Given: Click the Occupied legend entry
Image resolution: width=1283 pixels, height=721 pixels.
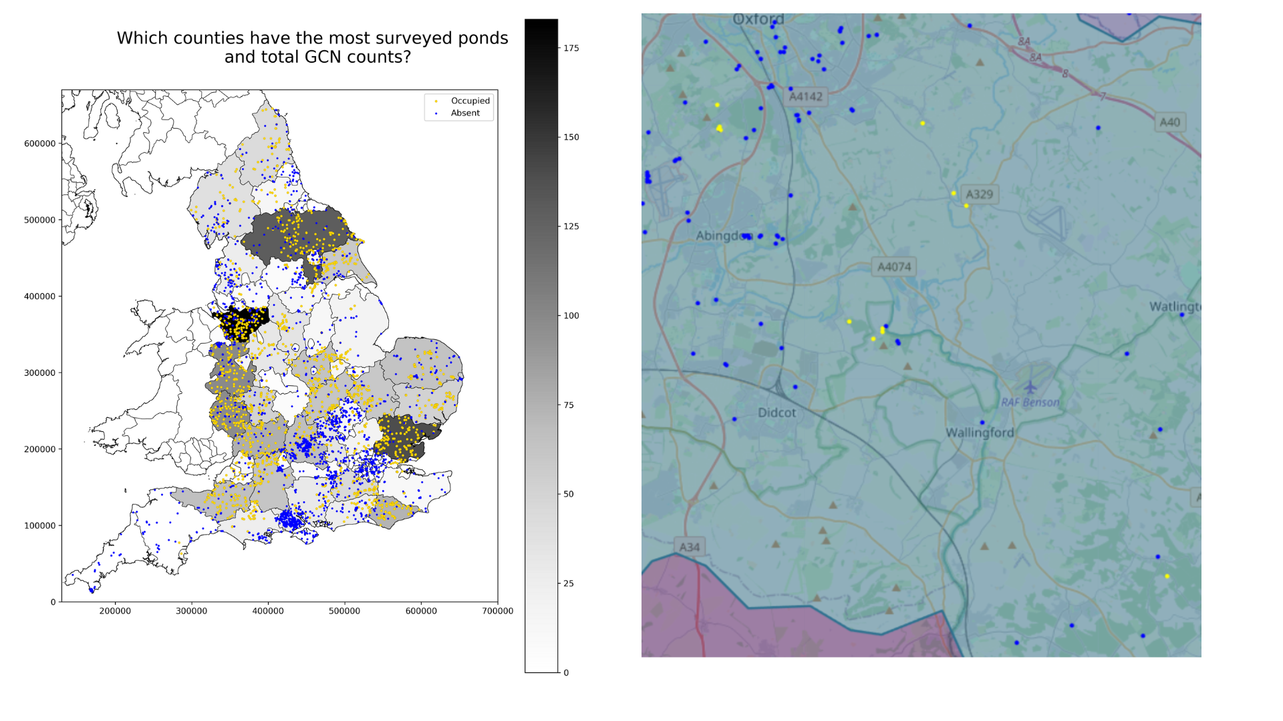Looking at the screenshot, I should click(x=470, y=101).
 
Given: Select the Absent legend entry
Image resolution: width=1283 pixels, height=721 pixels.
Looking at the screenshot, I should click(x=465, y=113).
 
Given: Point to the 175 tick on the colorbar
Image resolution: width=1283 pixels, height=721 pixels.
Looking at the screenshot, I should click(x=571, y=48).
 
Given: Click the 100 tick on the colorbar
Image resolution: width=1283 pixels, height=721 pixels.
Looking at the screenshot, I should click(x=571, y=316).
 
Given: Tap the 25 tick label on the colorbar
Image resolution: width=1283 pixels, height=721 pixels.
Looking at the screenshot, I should click(x=569, y=583).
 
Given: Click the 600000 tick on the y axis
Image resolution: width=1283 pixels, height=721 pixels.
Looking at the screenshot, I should click(x=40, y=144).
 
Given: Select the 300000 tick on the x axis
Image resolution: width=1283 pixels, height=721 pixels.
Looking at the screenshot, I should click(x=192, y=611).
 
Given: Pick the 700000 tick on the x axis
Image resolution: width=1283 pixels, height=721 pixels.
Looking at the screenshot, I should click(x=497, y=611).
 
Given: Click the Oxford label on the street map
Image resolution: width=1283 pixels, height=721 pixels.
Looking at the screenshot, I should click(x=758, y=20).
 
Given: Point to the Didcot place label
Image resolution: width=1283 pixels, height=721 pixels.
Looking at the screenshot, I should click(x=776, y=413).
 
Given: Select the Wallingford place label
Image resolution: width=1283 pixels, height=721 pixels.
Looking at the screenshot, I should click(x=980, y=433).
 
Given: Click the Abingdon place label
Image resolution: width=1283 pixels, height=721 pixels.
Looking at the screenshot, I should click(x=724, y=236).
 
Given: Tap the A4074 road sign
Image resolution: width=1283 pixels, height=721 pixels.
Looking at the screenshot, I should click(x=893, y=267).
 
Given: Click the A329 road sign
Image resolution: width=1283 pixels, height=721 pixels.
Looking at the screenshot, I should click(x=979, y=194).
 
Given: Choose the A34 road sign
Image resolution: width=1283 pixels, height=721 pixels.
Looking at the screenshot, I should click(x=689, y=547).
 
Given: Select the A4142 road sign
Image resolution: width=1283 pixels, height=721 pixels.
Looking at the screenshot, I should click(x=805, y=97).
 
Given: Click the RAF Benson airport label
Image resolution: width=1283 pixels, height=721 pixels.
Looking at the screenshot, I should click(x=1030, y=402).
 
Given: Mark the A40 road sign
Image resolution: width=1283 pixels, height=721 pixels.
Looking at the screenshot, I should click(x=1169, y=122).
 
